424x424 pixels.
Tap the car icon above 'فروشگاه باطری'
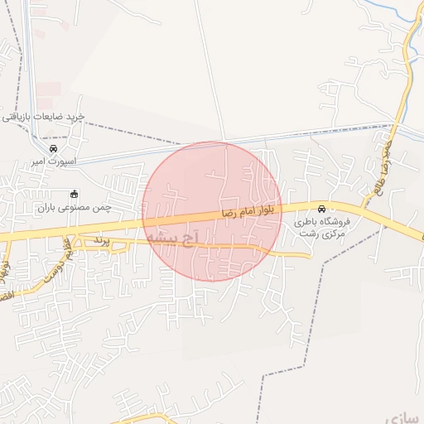click(x=322, y=207)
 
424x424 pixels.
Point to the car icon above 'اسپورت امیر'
click(x=54, y=149)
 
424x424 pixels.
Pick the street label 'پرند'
click(x=101, y=239)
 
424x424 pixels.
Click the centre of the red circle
click(x=213, y=212)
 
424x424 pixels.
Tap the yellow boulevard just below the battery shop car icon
click(x=322, y=217)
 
